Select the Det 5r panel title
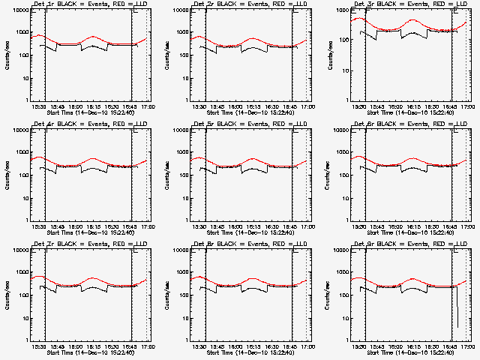(x=250, y=124)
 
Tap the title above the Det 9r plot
(x=410, y=244)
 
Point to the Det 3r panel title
(x=410, y=4)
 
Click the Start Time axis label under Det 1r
(x=90, y=112)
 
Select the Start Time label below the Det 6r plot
(x=411, y=232)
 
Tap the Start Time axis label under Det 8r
(x=250, y=352)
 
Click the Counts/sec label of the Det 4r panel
(x=6, y=174)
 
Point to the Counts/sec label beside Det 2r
(x=166, y=54)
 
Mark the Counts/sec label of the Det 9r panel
(x=327, y=294)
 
